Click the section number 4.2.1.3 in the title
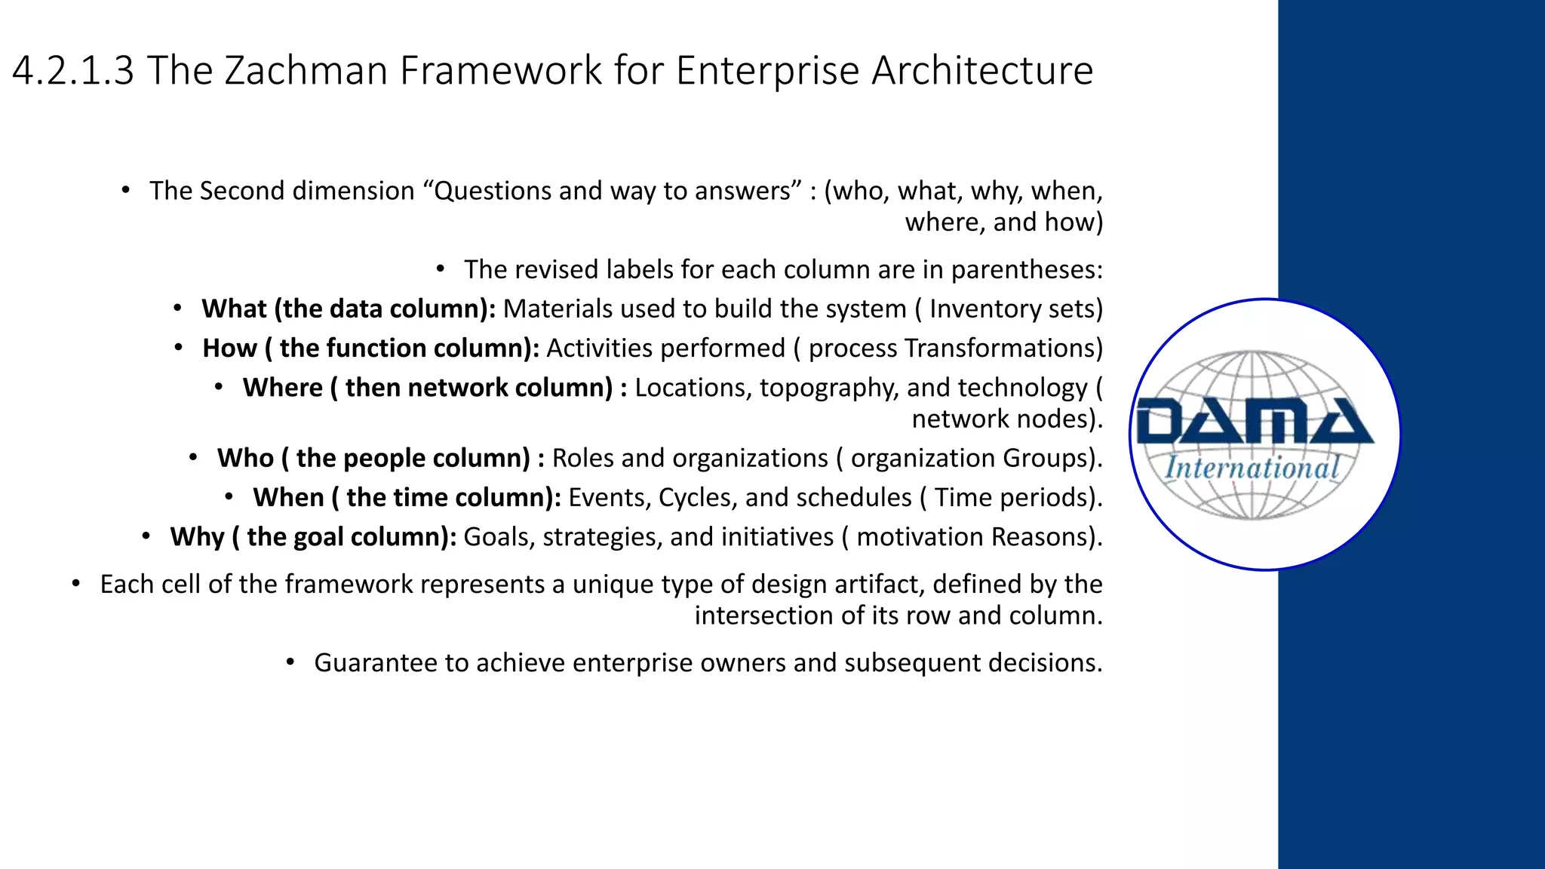[73, 71]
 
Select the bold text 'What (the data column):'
[348, 309]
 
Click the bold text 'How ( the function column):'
[370, 349]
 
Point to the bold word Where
[282, 388]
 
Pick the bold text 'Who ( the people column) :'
[380, 459]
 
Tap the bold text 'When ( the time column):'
[407, 498]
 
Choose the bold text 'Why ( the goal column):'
[313, 537]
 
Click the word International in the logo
[1252, 468]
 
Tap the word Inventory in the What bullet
[985, 309]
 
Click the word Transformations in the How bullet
[1003, 349]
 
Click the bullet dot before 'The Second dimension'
[126, 190]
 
